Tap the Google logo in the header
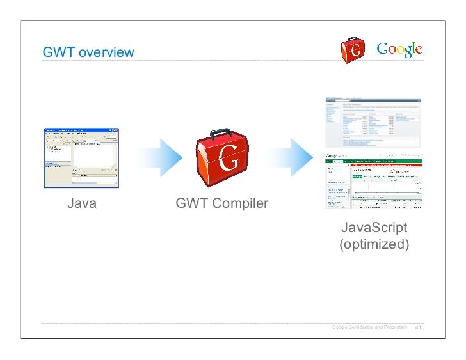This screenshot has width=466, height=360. [399, 49]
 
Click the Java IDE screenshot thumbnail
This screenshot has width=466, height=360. [81, 157]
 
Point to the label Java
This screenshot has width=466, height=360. [82, 205]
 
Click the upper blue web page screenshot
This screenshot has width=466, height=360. [374, 122]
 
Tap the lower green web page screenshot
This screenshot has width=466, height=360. [374, 182]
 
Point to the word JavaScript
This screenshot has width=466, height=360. [374, 228]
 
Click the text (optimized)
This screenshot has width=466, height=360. [374, 245]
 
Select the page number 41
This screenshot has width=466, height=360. [419, 329]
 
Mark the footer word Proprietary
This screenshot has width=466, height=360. [395, 328]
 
